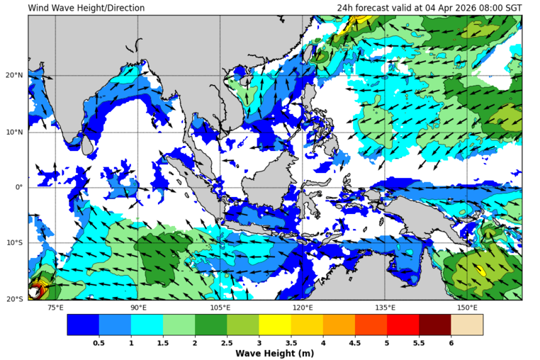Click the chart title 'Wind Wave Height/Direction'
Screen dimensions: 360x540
tap(86, 8)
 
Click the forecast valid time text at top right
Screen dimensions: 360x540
tap(429, 8)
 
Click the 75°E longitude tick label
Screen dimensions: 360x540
tap(55, 308)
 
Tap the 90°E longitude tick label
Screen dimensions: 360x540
tap(138, 308)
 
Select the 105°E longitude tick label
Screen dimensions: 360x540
tap(220, 308)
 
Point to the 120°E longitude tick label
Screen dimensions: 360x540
tap(303, 308)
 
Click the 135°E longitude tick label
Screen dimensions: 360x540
tap(385, 308)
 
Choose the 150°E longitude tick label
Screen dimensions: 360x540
tap(467, 308)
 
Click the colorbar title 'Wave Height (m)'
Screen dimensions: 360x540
tap(275, 354)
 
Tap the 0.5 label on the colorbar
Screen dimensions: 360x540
tap(99, 342)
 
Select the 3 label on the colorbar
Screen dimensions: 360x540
tap(259, 342)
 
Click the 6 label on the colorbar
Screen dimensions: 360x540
tap(451, 342)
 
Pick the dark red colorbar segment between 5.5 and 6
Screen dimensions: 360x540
tap(434, 325)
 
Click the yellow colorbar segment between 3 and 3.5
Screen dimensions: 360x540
tap(275, 325)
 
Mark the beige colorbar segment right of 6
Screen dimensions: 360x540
tap(466, 325)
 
